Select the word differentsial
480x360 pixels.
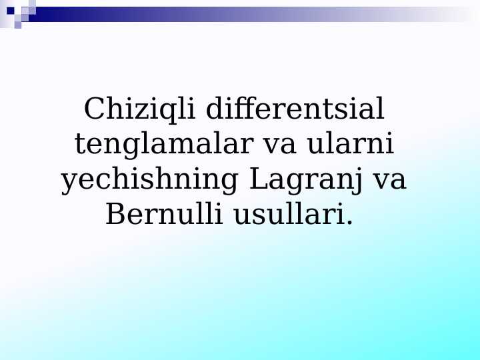coord(295,109)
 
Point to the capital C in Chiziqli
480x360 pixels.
coord(95,109)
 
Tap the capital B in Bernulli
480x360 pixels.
coord(115,215)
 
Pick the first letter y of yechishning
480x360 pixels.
coord(69,183)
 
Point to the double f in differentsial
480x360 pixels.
coord(245,109)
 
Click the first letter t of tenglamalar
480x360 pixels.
coord(80,145)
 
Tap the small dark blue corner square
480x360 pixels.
coord(10,10)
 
